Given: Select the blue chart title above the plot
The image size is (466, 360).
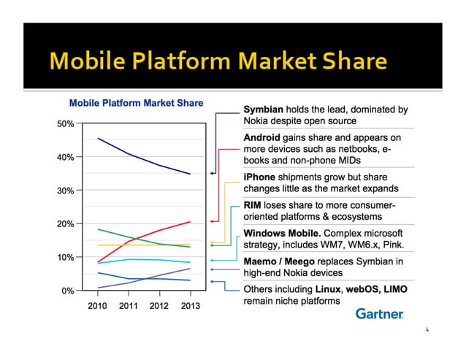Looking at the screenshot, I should point(136,103).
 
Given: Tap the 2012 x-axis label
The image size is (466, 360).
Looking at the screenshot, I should point(160,305).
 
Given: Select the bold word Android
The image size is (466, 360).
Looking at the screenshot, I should point(262,137).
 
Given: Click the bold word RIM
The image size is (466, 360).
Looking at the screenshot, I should point(253,205).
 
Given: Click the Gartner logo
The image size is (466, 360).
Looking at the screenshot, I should point(379,313).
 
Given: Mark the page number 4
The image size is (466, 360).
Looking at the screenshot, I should point(428,330).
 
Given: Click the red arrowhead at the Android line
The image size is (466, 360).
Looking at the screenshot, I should point(213,221).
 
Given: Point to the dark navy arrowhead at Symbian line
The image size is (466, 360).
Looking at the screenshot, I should point(213,173).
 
